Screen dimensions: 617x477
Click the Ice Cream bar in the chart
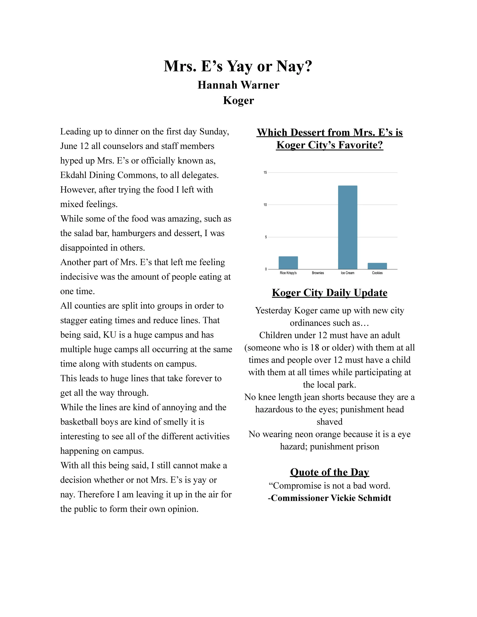(348, 227)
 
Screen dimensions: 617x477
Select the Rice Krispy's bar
(288, 263)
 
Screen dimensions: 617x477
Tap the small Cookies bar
(377, 266)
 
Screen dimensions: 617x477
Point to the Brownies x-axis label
(318, 273)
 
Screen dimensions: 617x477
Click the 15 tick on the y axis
(265, 172)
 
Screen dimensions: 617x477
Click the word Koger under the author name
(238, 100)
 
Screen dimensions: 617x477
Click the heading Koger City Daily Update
(330, 293)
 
